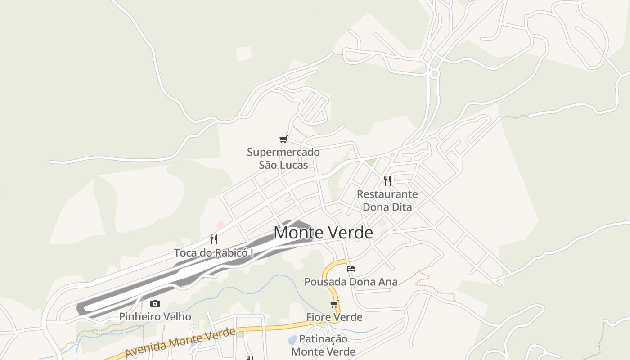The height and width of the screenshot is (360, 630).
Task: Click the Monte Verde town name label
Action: tap(323, 233)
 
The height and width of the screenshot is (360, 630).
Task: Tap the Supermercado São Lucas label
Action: tap(283, 158)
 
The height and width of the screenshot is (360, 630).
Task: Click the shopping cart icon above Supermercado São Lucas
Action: tap(283, 139)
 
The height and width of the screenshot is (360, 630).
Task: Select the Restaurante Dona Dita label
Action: tap(387, 201)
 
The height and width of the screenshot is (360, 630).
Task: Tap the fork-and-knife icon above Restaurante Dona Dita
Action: tap(387, 181)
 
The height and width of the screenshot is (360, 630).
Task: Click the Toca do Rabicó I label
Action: tap(214, 253)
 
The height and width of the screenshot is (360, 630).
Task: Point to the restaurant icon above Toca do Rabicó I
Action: tap(214, 239)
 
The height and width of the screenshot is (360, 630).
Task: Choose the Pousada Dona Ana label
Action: tap(351, 282)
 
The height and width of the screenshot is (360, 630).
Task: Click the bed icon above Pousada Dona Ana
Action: tap(351, 269)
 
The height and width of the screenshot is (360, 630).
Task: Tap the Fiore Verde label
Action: tap(334, 317)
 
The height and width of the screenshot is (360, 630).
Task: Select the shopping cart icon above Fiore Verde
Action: tap(334, 304)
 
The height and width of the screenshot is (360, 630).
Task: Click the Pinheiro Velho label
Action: tap(155, 317)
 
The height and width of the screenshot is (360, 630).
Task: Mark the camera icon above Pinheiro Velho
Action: tap(155, 304)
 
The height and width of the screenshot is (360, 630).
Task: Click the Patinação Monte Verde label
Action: tap(324, 345)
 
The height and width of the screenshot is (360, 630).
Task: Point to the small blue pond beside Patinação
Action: tap(292, 339)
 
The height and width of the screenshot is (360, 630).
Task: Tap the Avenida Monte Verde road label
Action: tap(180, 343)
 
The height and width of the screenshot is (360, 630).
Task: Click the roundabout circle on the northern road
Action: tap(434, 73)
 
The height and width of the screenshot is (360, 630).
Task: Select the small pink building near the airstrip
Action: tap(220, 225)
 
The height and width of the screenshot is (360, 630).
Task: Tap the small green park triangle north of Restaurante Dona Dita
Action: tap(370, 162)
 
